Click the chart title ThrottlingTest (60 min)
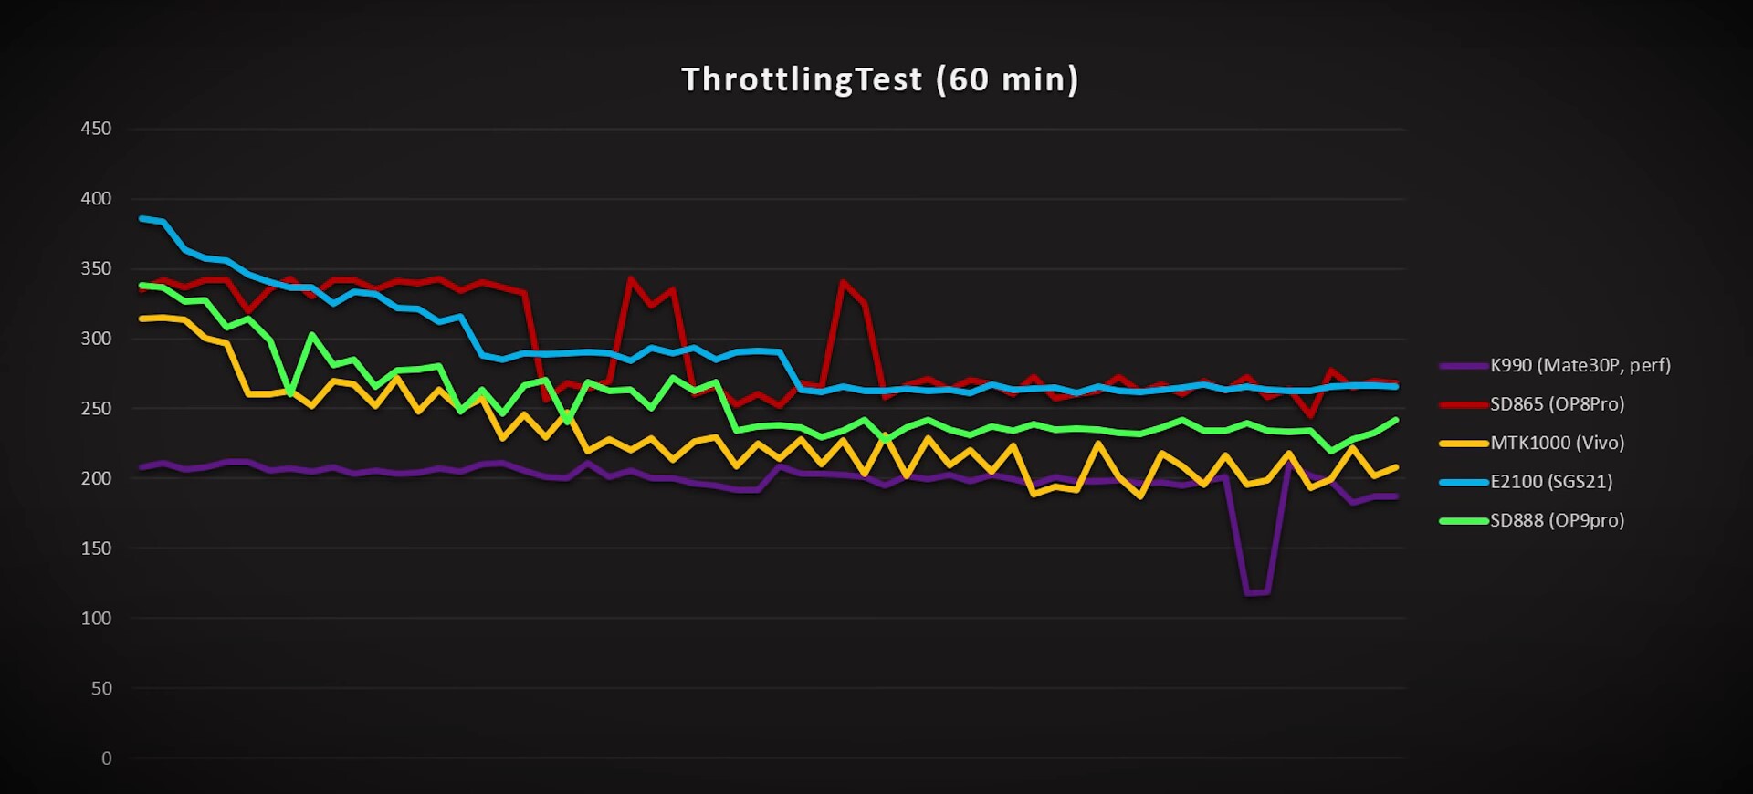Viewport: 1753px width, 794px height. click(879, 80)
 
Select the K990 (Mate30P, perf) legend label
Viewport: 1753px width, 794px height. click(1580, 366)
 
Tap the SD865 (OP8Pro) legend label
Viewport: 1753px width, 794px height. click(1557, 404)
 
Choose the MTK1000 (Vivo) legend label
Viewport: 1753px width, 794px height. click(1557, 444)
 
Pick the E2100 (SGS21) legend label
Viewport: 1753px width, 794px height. click(1551, 482)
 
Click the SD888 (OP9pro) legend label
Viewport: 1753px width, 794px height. click(1557, 521)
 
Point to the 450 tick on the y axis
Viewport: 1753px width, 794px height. click(96, 129)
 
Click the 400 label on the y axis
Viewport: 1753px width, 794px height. click(96, 199)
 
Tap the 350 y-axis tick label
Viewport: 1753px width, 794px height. click(96, 269)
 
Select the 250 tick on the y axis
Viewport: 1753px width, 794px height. click(96, 409)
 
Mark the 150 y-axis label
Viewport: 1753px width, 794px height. click(96, 548)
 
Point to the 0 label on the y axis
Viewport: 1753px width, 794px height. click(107, 758)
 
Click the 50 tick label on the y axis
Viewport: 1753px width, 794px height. click(101, 689)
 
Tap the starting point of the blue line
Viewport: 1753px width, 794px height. click(142, 218)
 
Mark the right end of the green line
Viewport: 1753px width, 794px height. click(1396, 420)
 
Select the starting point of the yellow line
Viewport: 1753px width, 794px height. click(142, 319)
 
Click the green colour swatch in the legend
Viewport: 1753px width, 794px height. click(1464, 521)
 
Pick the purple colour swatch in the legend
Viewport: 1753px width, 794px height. click(1464, 366)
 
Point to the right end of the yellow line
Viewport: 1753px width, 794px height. click(1396, 467)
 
